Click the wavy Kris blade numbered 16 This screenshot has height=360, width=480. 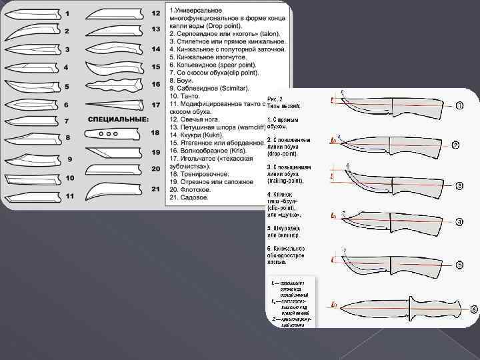point(115,85)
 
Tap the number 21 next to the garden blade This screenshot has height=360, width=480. point(155,189)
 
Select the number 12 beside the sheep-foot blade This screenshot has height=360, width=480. point(155,13)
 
